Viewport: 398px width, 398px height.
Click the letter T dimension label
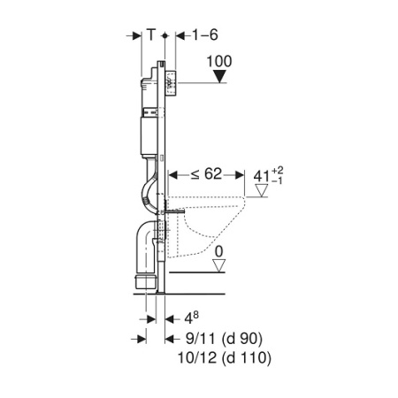[150, 34]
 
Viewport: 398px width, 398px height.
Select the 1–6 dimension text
[205, 34]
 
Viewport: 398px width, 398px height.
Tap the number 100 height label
[219, 62]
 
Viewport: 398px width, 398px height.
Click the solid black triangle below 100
[219, 77]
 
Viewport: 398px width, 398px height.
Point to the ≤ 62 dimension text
[206, 174]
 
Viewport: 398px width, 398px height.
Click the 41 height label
[261, 176]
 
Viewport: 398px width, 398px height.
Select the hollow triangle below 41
[261, 190]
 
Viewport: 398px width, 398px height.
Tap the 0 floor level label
[219, 252]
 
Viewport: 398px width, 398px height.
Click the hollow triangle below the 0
[219, 265]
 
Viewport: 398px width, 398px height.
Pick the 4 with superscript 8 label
[191, 318]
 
